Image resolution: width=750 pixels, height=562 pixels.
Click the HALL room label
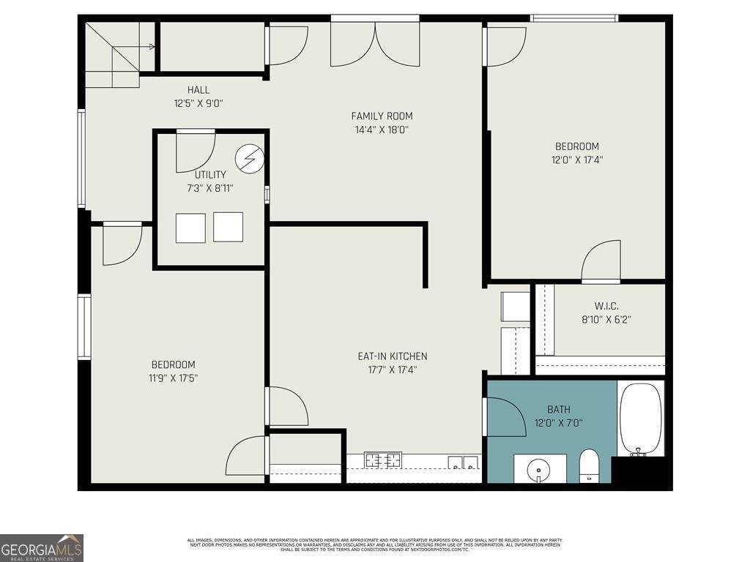pyautogui.click(x=198, y=90)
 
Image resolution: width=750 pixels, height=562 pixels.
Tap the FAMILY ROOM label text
pyautogui.click(x=382, y=116)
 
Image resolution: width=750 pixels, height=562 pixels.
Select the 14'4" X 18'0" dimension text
pyautogui.click(x=382, y=130)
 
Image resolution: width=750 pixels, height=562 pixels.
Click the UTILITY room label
pyautogui.click(x=210, y=175)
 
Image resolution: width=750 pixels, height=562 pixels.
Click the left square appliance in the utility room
pyautogui.click(x=190, y=228)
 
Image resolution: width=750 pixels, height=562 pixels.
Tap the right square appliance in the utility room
pyautogui.click(x=228, y=227)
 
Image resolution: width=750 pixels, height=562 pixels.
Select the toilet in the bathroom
pyautogui.click(x=589, y=465)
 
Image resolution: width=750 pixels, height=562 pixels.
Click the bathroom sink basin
pyautogui.click(x=539, y=468)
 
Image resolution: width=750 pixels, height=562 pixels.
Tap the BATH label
pyautogui.click(x=558, y=409)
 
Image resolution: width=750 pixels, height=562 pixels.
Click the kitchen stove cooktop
pyautogui.click(x=383, y=461)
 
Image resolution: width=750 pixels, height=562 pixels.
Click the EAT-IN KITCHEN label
pyautogui.click(x=392, y=356)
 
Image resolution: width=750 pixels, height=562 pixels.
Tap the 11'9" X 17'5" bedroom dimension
pyautogui.click(x=174, y=378)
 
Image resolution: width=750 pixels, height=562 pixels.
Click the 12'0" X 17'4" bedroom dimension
pyautogui.click(x=577, y=160)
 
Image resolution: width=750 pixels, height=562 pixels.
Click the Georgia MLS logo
pyautogui.click(x=42, y=548)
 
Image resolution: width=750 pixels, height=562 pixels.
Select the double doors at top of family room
pyautogui.click(x=375, y=44)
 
